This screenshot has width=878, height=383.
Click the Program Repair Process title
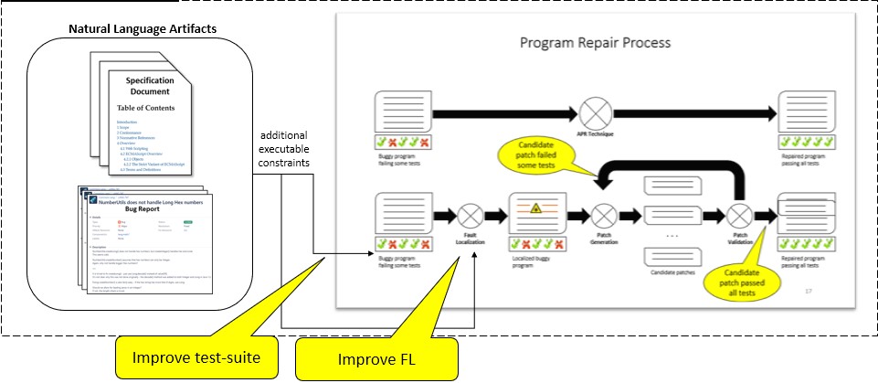click(x=595, y=43)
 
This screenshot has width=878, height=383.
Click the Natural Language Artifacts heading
click(x=143, y=29)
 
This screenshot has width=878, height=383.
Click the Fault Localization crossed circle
click(x=471, y=217)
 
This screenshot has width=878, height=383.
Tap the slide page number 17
click(x=808, y=291)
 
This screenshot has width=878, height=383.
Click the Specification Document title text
click(x=149, y=85)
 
